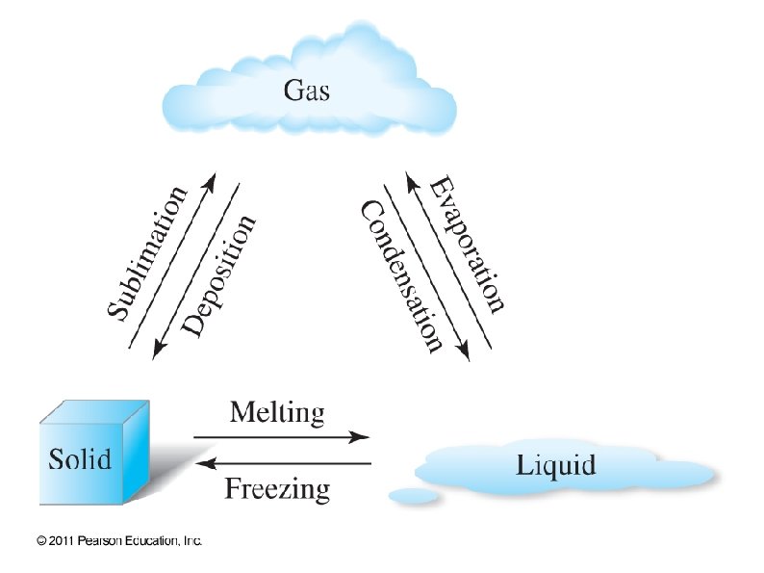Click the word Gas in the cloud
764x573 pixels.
pyautogui.click(x=307, y=91)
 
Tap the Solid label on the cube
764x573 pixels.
pyautogui.click(x=80, y=457)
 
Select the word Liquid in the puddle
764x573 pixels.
pyautogui.click(x=556, y=466)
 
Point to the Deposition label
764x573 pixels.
pyautogui.click(x=219, y=276)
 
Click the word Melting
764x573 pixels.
pyautogui.click(x=277, y=414)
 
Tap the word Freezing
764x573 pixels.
pyautogui.click(x=277, y=489)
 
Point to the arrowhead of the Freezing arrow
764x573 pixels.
pyautogui.click(x=203, y=463)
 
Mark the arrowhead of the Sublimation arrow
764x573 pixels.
pyautogui.click(x=211, y=181)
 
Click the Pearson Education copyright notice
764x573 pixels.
pyautogui.click(x=118, y=541)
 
